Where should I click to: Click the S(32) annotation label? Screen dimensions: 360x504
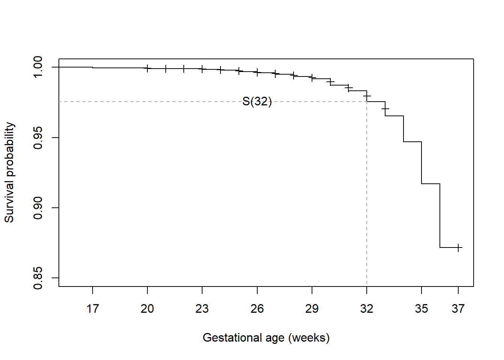[257, 101]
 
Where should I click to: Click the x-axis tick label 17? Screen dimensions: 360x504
[93, 309]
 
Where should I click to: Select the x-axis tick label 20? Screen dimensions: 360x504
[147, 309]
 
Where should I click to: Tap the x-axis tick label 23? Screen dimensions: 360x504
[202, 309]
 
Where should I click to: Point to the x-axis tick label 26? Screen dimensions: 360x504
[257, 309]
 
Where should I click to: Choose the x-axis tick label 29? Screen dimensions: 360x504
[312, 309]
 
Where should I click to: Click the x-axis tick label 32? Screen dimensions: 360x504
[367, 309]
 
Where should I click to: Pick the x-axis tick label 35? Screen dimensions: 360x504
[421, 309]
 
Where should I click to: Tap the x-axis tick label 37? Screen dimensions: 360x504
[458, 309]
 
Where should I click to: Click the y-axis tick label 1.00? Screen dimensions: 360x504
[38, 67]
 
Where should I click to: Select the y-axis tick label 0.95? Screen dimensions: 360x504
[38, 138]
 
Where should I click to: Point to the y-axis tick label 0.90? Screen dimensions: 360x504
[38, 208]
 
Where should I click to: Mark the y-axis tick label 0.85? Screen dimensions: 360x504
[38, 278]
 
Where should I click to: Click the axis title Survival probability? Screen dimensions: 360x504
[9, 172]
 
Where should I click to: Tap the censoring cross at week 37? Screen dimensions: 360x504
[458, 247]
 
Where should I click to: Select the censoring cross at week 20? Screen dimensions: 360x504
[147, 68]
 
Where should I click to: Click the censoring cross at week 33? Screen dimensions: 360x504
[385, 109]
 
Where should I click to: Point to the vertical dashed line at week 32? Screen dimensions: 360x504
[367, 195]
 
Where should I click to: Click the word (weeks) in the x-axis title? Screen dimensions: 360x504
[309, 338]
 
